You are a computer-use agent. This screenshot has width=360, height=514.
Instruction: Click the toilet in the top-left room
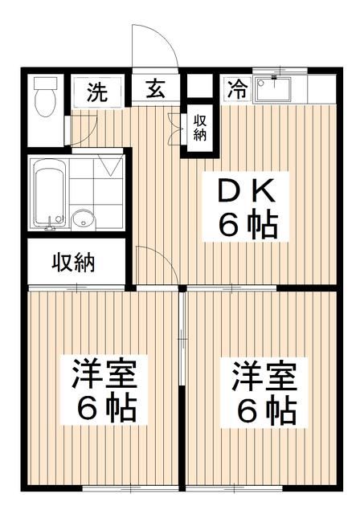(46, 103)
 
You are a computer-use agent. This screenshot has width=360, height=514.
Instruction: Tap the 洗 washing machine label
(96, 91)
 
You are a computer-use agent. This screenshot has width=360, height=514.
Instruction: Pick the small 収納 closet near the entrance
(199, 127)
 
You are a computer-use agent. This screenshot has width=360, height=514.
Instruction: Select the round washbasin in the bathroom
(82, 218)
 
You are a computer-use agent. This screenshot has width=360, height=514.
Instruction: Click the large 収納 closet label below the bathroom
(74, 262)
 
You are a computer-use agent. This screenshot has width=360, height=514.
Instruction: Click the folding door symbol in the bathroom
(110, 167)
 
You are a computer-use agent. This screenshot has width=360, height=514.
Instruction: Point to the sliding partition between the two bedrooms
(183, 385)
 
